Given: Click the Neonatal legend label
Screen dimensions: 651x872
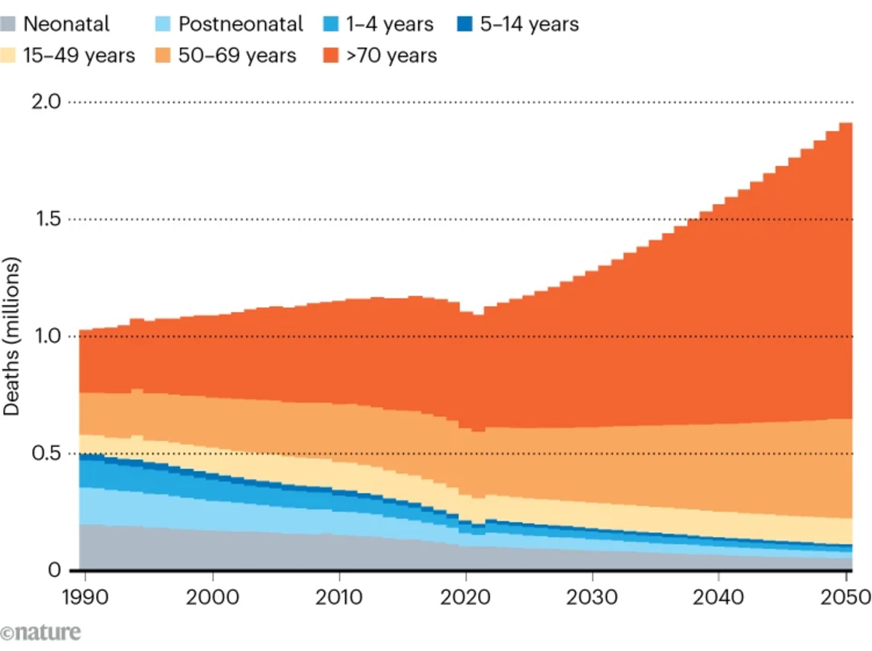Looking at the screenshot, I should click(66, 24).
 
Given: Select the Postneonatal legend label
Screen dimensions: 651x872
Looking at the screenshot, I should click(241, 24).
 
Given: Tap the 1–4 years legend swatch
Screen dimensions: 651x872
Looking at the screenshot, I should click(331, 24).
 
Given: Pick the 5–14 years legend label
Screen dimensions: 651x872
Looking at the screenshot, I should click(530, 24).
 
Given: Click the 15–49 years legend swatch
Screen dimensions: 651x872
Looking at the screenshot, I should click(8, 56).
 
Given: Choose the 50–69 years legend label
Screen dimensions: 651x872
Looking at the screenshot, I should click(237, 56).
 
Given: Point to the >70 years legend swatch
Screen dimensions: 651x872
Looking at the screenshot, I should click(331, 56).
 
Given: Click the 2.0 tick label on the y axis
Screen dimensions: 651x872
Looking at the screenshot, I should click(46, 102).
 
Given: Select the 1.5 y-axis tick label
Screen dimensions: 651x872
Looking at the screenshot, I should click(48, 219).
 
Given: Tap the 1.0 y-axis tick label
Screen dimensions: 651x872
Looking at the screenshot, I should click(48, 336).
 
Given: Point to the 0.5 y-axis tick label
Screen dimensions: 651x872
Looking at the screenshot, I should click(46, 453).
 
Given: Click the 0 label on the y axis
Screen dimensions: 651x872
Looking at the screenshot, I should click(54, 570).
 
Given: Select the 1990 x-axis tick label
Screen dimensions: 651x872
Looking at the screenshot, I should click(85, 597).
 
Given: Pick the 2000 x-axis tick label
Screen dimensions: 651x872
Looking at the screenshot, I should click(212, 597).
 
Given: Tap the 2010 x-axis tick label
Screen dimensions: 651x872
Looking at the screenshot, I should click(339, 597).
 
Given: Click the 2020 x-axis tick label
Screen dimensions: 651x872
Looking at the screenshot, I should click(466, 597).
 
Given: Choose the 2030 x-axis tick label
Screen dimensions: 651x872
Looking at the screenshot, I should click(592, 597).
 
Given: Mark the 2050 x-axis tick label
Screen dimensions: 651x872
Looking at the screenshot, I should click(845, 597).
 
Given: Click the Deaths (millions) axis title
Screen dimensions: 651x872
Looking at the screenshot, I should click(11, 336).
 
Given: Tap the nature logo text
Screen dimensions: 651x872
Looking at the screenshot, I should click(41, 632).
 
